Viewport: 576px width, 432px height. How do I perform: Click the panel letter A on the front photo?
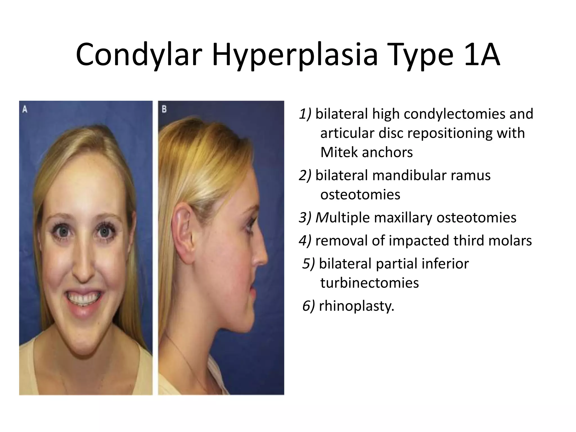pos(25,109)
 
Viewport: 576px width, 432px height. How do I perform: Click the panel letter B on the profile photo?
pos(164,109)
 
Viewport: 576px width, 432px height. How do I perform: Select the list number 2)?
pos(305,175)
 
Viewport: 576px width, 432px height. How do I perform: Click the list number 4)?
pos(305,241)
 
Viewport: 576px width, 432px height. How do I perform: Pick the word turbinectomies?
pos(370,283)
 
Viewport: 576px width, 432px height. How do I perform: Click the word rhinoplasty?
pos(356,306)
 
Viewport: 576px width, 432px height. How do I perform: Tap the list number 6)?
pos(309,306)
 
